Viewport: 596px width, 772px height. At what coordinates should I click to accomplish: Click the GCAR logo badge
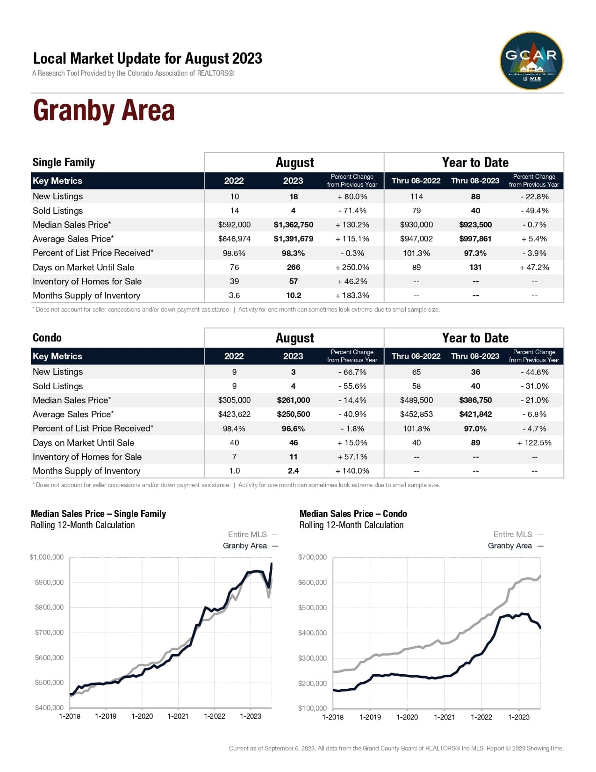[531, 61]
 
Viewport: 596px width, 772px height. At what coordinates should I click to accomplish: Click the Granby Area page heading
[104, 111]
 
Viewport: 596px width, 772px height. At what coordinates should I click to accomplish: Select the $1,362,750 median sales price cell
[294, 225]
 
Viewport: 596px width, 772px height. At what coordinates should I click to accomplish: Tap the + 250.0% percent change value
[352, 268]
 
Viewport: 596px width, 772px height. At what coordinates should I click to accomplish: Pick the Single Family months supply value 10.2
[294, 296]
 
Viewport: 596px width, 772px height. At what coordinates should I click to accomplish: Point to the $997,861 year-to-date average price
[475, 239]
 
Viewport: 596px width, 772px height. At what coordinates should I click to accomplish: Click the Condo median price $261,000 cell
[294, 401]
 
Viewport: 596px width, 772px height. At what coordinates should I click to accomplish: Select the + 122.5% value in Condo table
[534, 443]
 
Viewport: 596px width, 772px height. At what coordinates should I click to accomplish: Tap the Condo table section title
[47, 338]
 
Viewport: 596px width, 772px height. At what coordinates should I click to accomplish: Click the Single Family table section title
[64, 162]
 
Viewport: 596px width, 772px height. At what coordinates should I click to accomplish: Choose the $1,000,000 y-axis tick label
[46, 557]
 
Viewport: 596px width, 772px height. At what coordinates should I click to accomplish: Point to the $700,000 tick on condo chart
[312, 557]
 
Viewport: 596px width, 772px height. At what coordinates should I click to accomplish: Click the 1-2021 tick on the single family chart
[178, 716]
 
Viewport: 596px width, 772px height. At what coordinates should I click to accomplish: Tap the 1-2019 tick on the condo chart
[370, 717]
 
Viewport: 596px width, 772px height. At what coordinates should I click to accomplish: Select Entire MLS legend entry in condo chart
[513, 535]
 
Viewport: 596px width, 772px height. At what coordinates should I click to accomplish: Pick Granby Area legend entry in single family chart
[245, 546]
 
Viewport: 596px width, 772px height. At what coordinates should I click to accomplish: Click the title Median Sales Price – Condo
[353, 514]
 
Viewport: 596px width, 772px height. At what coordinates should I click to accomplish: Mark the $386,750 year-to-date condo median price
[475, 401]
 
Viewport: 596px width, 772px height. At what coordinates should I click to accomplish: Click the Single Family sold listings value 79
[416, 211]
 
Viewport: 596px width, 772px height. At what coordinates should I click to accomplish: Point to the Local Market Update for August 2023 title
[147, 58]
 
